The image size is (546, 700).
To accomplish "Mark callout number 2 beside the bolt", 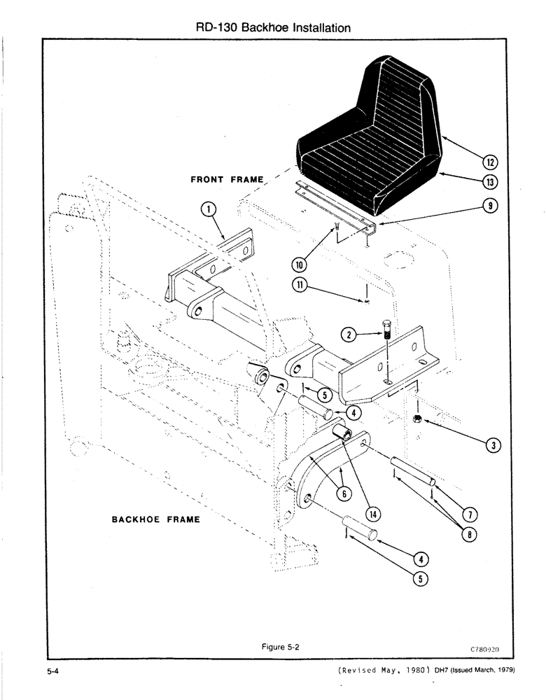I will click(x=347, y=335).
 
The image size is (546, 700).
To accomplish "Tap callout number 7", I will click(x=472, y=514).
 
